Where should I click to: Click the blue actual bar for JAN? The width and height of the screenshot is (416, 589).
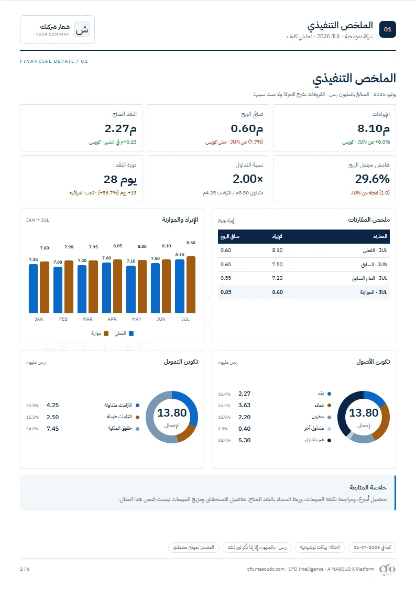[x=34, y=289]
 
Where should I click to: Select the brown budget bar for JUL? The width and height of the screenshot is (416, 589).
[x=191, y=285]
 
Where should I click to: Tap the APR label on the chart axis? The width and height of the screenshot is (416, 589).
[x=112, y=319]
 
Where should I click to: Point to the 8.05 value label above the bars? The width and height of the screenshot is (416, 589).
[x=117, y=246]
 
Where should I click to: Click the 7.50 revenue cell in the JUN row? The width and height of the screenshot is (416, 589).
[x=277, y=265]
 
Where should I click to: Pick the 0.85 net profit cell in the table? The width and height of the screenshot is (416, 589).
[x=226, y=292]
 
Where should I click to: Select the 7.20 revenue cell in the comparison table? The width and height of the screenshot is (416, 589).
[x=277, y=278]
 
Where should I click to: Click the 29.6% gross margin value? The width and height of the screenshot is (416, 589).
[x=372, y=179]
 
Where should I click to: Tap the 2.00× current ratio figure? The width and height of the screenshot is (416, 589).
[x=248, y=179]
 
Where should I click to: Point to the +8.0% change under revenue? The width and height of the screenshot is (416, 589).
[x=382, y=142]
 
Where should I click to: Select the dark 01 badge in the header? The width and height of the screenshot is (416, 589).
[x=388, y=29]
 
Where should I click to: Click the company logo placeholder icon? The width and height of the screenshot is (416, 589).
[x=82, y=29]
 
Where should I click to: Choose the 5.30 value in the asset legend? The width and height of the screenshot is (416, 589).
[x=245, y=440]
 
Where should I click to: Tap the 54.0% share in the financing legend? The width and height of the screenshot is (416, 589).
[x=32, y=429]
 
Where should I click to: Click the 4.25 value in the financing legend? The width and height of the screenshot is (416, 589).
[x=52, y=405]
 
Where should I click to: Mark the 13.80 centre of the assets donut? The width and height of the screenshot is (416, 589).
[x=364, y=413]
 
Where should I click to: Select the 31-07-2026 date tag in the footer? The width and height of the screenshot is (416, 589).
[x=372, y=547]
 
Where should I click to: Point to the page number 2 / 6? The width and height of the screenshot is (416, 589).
[x=25, y=569]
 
